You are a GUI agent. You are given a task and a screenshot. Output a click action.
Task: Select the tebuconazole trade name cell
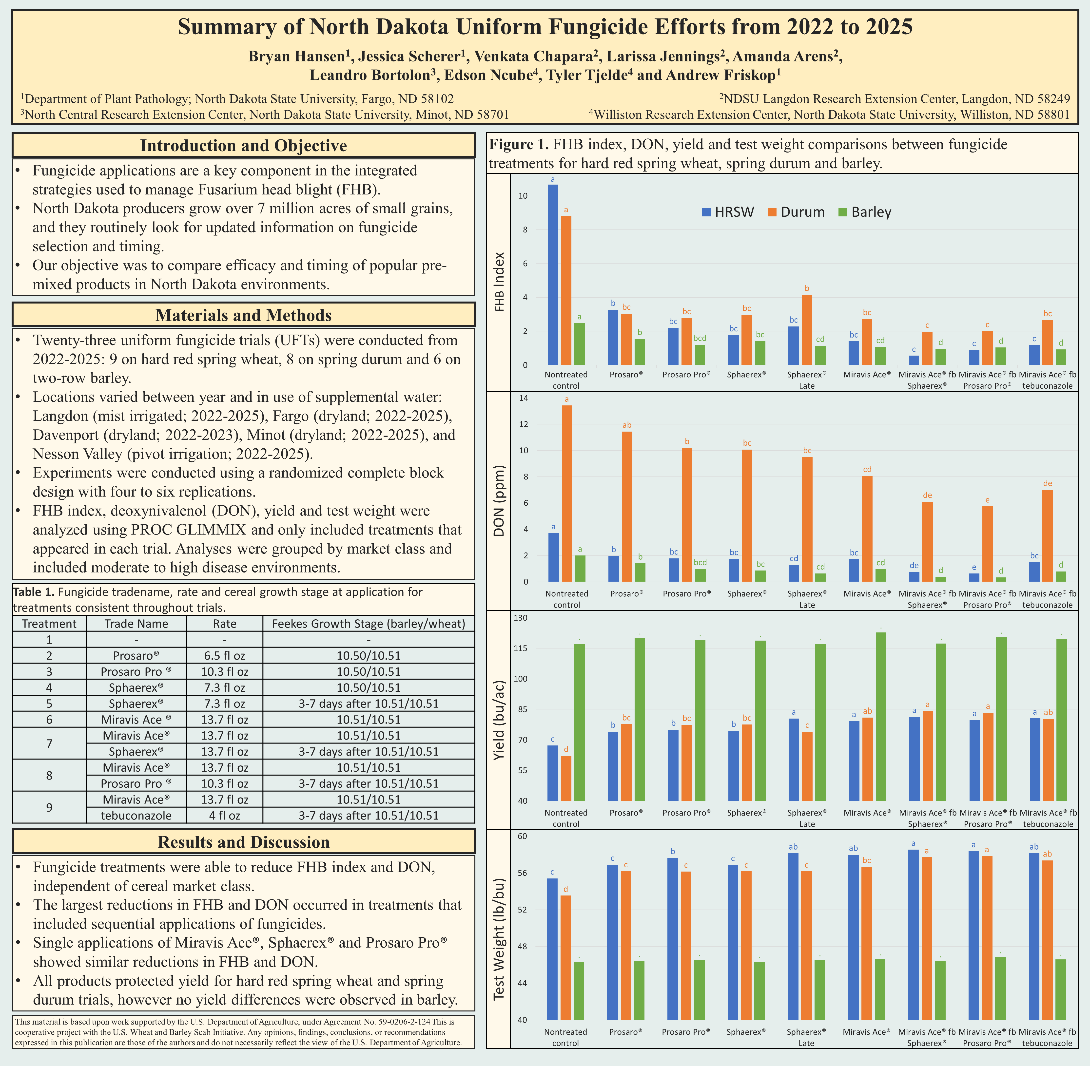coord(136,815)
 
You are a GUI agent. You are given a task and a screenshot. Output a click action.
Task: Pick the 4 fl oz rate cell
coord(225,815)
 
